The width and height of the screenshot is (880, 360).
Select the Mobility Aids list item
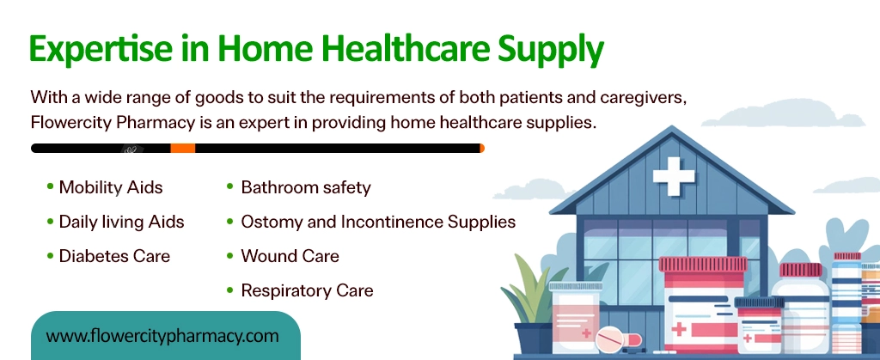click(110, 187)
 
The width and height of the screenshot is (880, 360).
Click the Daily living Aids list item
click(121, 222)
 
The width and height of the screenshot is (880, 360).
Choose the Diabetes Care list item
click(114, 256)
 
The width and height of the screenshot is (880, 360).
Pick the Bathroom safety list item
click(305, 187)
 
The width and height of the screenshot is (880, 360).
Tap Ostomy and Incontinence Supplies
click(378, 222)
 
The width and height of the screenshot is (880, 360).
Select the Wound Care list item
click(290, 256)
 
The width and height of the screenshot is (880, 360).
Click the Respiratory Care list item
click(307, 290)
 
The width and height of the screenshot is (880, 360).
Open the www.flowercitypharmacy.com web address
click(162, 335)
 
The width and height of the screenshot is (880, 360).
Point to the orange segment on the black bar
click(182, 149)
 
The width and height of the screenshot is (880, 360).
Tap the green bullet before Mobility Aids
click(51, 186)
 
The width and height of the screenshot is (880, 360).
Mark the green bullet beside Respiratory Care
click(230, 290)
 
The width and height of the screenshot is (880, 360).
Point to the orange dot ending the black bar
click(481, 149)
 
